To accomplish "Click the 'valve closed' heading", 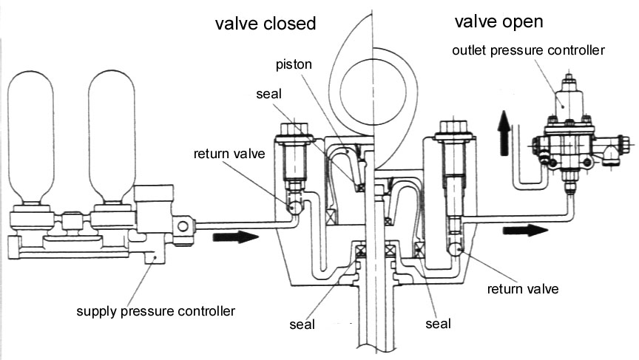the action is [x=266, y=23].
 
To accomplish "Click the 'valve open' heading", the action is [x=498, y=21].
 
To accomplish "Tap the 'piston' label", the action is [x=294, y=64].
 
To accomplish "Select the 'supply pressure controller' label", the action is [x=155, y=311].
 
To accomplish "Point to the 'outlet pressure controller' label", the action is [x=528, y=50].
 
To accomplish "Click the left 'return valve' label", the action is [x=229, y=154].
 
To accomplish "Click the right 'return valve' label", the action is [x=523, y=289].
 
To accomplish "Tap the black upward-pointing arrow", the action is [x=504, y=133].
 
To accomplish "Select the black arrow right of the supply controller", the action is [x=235, y=237].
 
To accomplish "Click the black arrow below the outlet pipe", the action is [x=526, y=230].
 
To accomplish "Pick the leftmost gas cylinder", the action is [x=31, y=137].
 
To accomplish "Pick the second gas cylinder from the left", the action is [x=112, y=136].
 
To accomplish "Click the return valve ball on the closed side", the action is [x=294, y=206].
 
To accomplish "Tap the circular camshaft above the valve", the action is [x=373, y=92].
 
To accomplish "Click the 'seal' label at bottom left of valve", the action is [x=302, y=325].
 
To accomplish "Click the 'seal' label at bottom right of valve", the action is [x=438, y=325].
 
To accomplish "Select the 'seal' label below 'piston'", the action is [x=268, y=94].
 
